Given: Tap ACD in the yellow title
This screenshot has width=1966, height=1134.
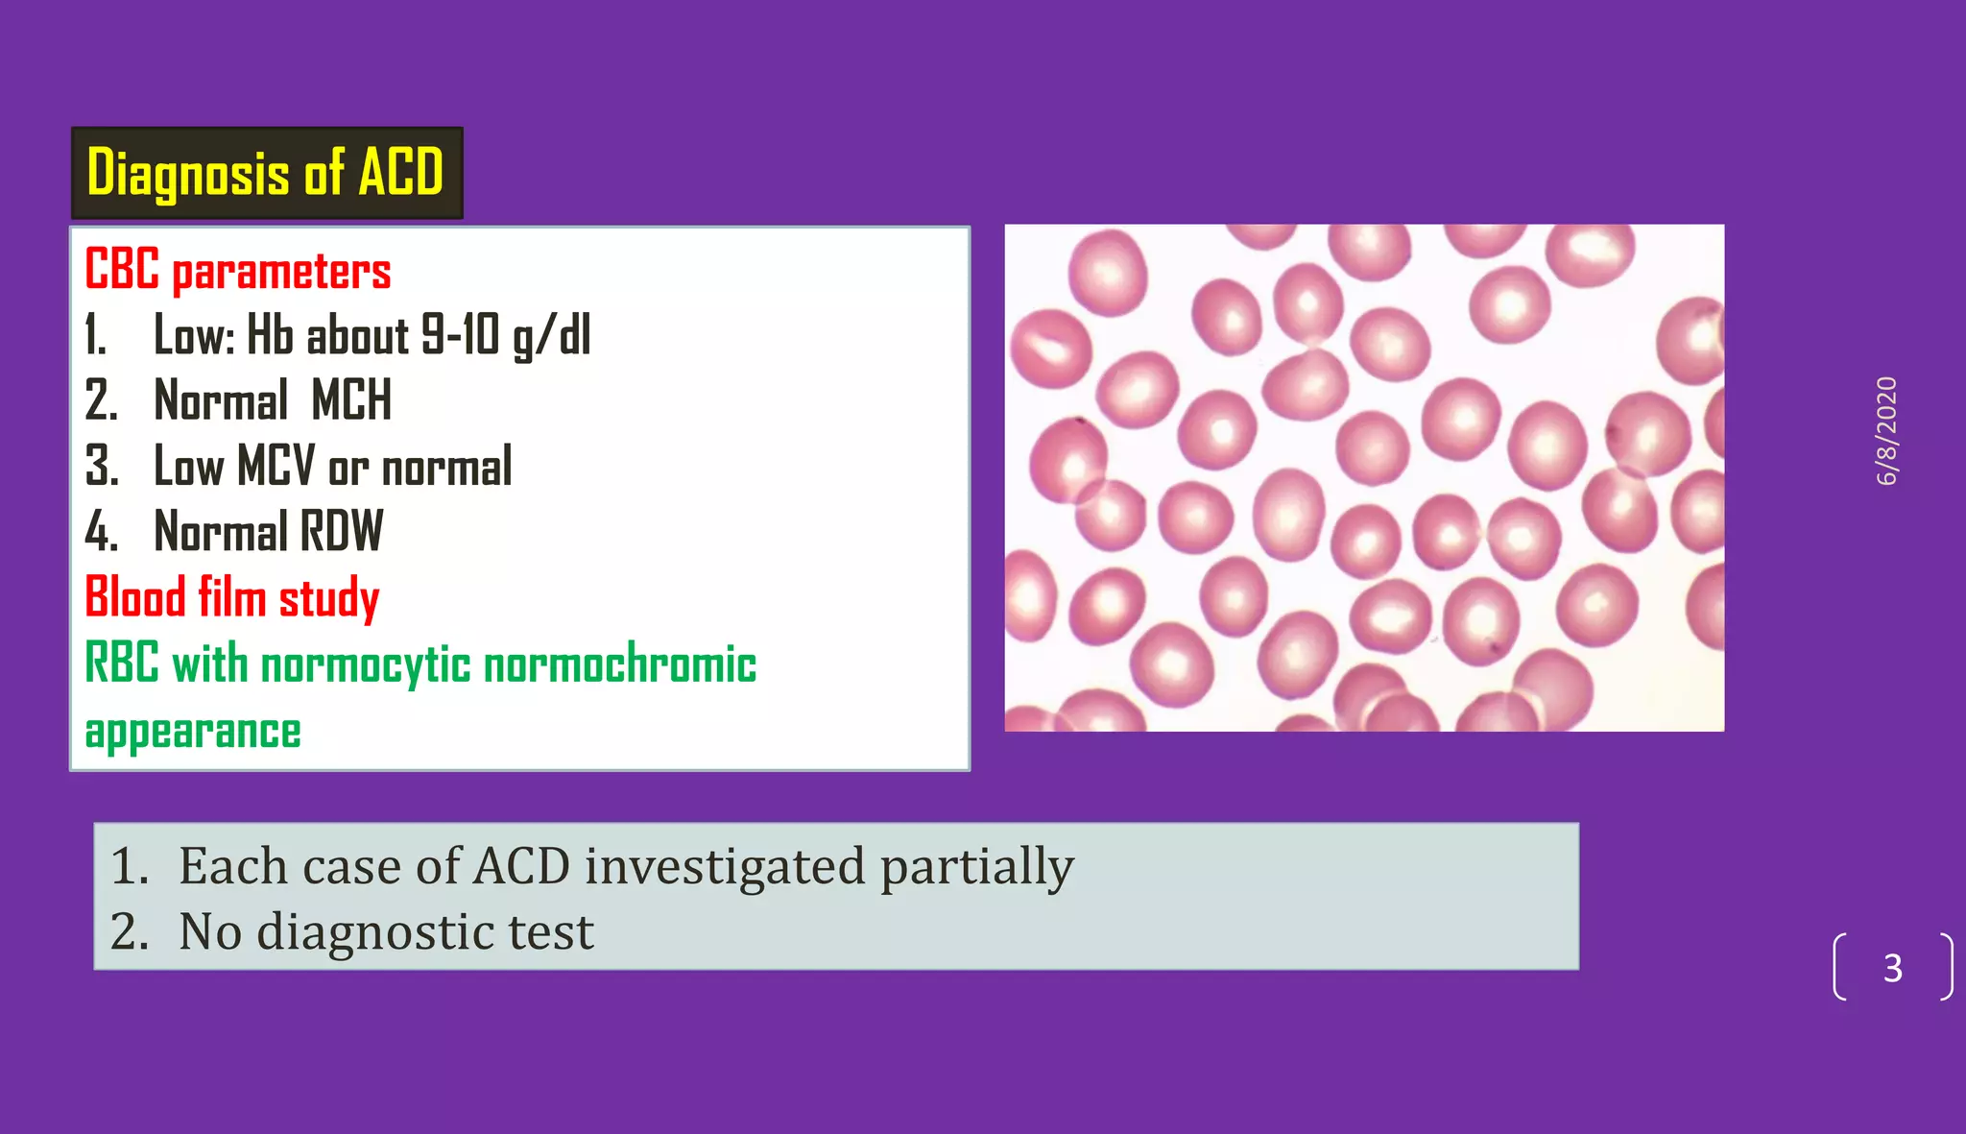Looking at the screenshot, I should pos(400,173).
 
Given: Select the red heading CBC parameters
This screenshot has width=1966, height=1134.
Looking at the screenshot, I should pos(237,270).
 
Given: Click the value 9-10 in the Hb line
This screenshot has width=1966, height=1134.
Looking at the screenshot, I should pos(461,335).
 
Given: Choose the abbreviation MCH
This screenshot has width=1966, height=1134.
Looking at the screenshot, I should pos(351,400).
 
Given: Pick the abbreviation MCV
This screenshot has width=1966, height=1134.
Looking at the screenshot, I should pos(276,466).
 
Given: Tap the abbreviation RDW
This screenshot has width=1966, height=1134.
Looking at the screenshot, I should pos(341,531).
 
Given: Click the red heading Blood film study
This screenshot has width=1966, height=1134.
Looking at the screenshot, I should pos(231,597).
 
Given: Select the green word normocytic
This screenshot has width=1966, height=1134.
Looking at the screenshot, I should pos(366,664).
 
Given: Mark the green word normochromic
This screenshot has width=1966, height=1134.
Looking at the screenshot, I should pos(619,664).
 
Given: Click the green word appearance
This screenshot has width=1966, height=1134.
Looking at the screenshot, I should pos(193,732).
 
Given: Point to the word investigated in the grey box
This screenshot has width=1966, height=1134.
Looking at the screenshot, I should pos(725,866).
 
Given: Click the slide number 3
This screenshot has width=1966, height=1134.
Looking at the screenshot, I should pos(1892,968).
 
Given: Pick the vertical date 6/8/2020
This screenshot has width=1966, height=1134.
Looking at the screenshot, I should pos(1886,431).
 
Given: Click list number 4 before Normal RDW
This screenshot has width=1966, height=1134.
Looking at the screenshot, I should pos(100,532).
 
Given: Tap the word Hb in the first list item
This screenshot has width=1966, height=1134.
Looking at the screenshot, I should pos(270,335).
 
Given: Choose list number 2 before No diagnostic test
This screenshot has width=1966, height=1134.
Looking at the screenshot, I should pos(129,931).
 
